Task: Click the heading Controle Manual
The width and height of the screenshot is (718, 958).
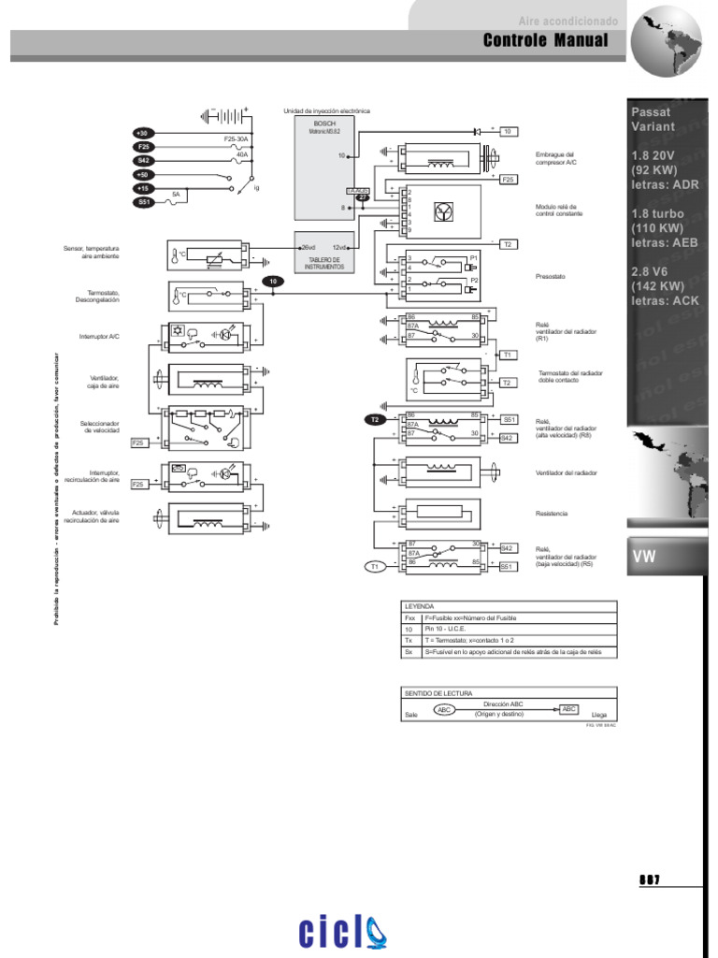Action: (545, 41)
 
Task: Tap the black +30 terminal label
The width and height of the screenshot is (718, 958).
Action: (144, 134)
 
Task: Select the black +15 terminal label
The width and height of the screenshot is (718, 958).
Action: (144, 188)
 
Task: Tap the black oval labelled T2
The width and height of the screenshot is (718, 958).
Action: (375, 420)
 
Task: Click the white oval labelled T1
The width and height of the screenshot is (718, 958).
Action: (375, 566)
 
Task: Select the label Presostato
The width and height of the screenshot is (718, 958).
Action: (552, 277)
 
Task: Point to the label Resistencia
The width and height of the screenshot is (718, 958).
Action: (552, 514)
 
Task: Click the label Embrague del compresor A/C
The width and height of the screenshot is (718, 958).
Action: (555, 158)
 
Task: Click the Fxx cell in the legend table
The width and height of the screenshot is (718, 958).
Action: (409, 619)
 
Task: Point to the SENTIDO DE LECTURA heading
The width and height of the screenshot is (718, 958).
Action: (431, 693)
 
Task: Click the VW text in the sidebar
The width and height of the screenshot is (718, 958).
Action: (644, 556)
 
